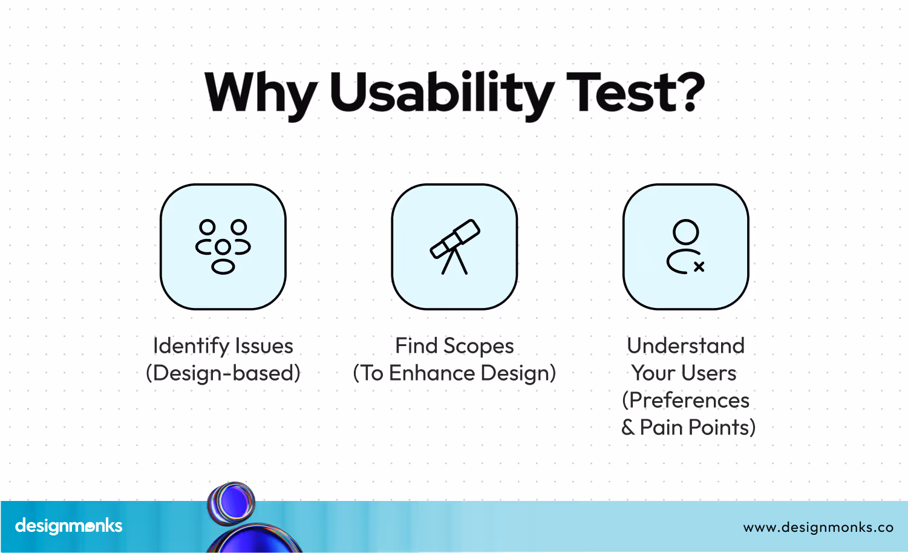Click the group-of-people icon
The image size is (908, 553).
(223, 247)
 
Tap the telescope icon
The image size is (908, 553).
(455, 247)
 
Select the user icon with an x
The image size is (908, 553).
(685, 247)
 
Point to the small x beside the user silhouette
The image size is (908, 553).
(699, 266)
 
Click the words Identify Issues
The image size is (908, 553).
(223, 346)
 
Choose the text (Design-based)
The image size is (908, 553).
(223, 373)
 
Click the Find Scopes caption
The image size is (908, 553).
(454, 346)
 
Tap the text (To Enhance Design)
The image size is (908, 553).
(454, 373)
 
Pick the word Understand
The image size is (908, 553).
(685, 346)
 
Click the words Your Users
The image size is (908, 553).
(684, 373)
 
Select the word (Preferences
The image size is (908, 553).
(685, 401)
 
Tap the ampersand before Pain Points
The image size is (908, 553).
(628, 427)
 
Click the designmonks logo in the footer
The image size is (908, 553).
(68, 526)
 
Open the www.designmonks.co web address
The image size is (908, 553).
(818, 527)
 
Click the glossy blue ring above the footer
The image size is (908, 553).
(232, 503)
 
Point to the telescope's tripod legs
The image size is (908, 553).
(454, 261)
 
